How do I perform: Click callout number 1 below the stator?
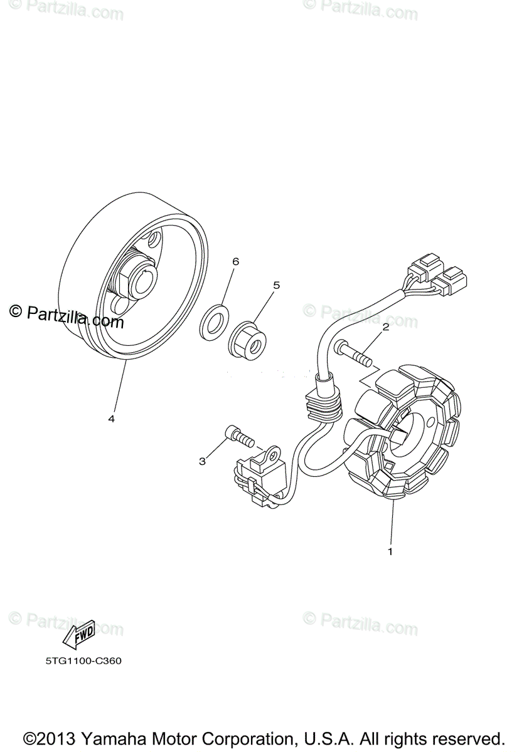point(390,552)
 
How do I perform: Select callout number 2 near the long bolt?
point(385,326)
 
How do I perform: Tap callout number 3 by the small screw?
point(202,461)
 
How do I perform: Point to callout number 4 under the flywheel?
point(111,419)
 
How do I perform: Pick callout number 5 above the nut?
point(275,285)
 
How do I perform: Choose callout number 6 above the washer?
point(235,261)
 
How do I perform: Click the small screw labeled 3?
point(238,435)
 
